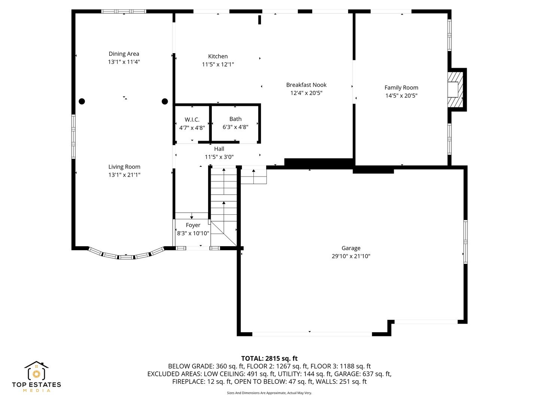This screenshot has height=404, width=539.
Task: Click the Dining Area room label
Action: point(124,54)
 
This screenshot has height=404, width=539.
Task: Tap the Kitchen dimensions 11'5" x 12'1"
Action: point(218,64)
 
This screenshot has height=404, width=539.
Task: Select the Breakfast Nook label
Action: point(306,85)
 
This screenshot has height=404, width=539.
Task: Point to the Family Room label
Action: point(401,88)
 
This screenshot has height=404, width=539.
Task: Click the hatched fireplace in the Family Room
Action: point(455,90)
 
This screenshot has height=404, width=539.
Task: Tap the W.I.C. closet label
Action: point(192,120)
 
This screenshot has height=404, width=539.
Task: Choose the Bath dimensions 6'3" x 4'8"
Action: point(235,127)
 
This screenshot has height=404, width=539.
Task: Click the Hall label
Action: point(219,149)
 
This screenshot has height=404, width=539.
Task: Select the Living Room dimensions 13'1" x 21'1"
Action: point(124,175)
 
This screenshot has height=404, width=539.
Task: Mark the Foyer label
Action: point(193,225)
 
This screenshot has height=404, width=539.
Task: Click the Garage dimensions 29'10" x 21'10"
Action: point(351,256)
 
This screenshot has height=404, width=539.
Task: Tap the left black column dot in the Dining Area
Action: point(82,101)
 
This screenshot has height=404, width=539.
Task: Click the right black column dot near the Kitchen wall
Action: point(165,101)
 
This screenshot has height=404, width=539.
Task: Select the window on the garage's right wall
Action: point(465,242)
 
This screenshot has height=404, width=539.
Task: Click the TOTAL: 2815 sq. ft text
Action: point(269,358)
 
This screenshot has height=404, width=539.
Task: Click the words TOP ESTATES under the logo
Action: point(36,385)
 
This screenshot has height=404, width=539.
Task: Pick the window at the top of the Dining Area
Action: point(124,12)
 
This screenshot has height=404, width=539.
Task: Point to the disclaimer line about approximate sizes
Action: point(269,393)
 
